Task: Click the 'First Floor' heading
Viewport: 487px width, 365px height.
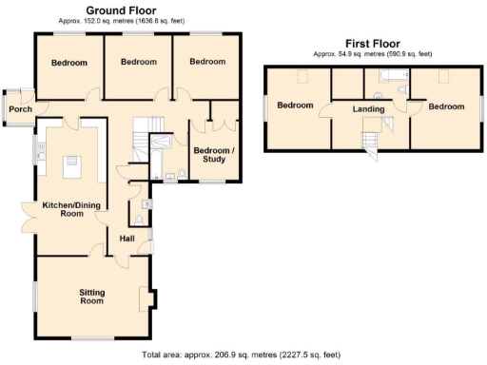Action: (373, 44)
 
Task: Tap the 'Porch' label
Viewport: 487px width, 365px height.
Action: (20, 109)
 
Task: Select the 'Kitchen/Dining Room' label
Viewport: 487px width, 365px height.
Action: (65, 208)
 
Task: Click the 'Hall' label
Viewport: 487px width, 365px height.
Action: (127, 239)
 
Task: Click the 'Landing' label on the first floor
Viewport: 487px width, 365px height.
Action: (368, 109)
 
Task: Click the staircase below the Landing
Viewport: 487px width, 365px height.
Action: (369, 141)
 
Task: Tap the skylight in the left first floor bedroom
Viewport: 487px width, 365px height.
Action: (298, 76)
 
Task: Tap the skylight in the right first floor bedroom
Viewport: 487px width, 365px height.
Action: (443, 76)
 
